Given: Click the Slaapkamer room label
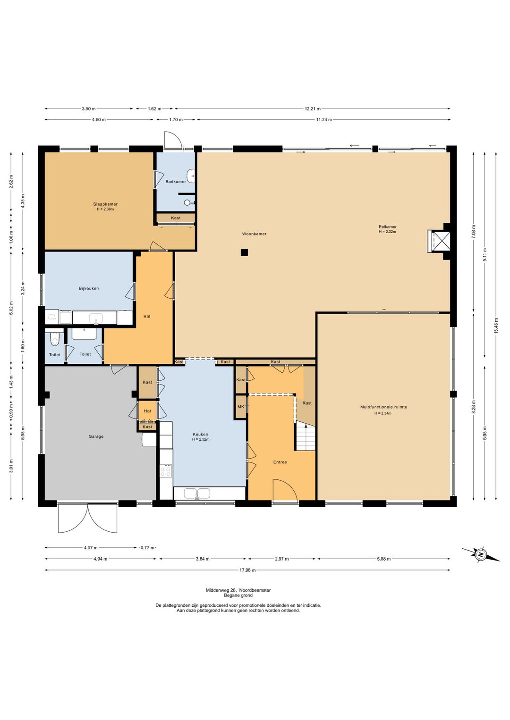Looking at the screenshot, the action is point(105,204).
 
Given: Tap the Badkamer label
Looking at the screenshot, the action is point(176,182).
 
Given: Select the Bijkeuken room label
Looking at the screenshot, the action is point(89,288).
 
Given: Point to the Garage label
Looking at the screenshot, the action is point(96,436).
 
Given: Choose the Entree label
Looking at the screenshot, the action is point(280,462).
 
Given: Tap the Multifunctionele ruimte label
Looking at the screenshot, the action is point(383,407).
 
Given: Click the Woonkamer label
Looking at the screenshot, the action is point(254,234).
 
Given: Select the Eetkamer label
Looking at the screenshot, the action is point(387,227).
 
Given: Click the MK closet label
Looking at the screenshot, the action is point(241,407).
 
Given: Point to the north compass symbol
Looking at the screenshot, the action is point(481,555).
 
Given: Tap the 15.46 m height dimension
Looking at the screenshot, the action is point(496,326).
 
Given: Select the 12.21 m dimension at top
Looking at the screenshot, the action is point(313,109).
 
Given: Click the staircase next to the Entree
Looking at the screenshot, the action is point(306,437).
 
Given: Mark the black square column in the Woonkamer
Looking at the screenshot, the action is point(245,252).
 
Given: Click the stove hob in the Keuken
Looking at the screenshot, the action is point(166,471).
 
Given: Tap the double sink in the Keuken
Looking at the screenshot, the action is point(197,493).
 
